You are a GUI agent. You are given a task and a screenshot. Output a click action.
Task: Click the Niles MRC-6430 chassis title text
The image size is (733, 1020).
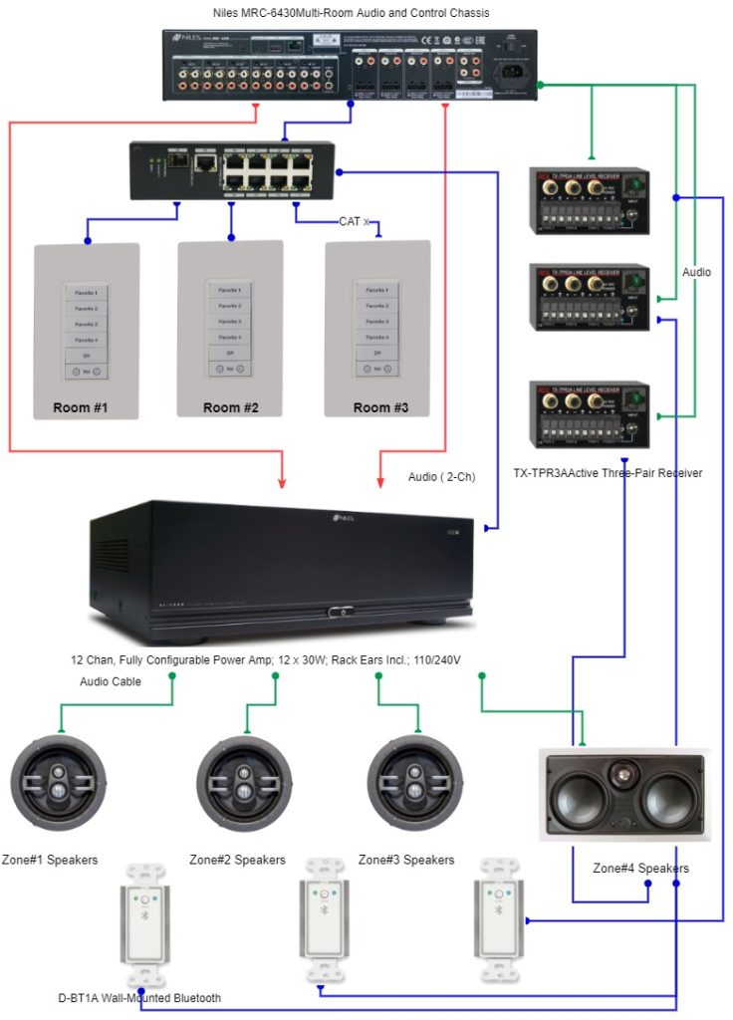[x=351, y=13]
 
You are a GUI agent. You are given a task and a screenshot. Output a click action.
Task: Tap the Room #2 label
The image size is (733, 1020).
[x=230, y=407]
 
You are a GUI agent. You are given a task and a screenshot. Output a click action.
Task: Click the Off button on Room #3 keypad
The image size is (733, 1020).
[x=377, y=353]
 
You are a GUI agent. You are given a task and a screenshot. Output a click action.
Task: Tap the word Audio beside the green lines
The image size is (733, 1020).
[x=697, y=272]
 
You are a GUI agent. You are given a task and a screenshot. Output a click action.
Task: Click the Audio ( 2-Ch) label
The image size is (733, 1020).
[x=442, y=477]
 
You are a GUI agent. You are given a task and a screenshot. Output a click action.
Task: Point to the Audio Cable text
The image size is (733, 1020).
[x=111, y=681]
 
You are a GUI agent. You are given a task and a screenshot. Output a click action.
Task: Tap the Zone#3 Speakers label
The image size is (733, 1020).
[x=406, y=860]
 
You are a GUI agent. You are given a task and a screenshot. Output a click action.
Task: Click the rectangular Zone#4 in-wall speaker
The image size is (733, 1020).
[x=623, y=794]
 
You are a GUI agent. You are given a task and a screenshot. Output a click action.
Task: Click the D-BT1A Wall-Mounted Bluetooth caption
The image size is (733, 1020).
[x=139, y=997]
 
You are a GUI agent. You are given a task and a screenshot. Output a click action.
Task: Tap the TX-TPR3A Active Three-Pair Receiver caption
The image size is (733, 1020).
[x=608, y=473]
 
